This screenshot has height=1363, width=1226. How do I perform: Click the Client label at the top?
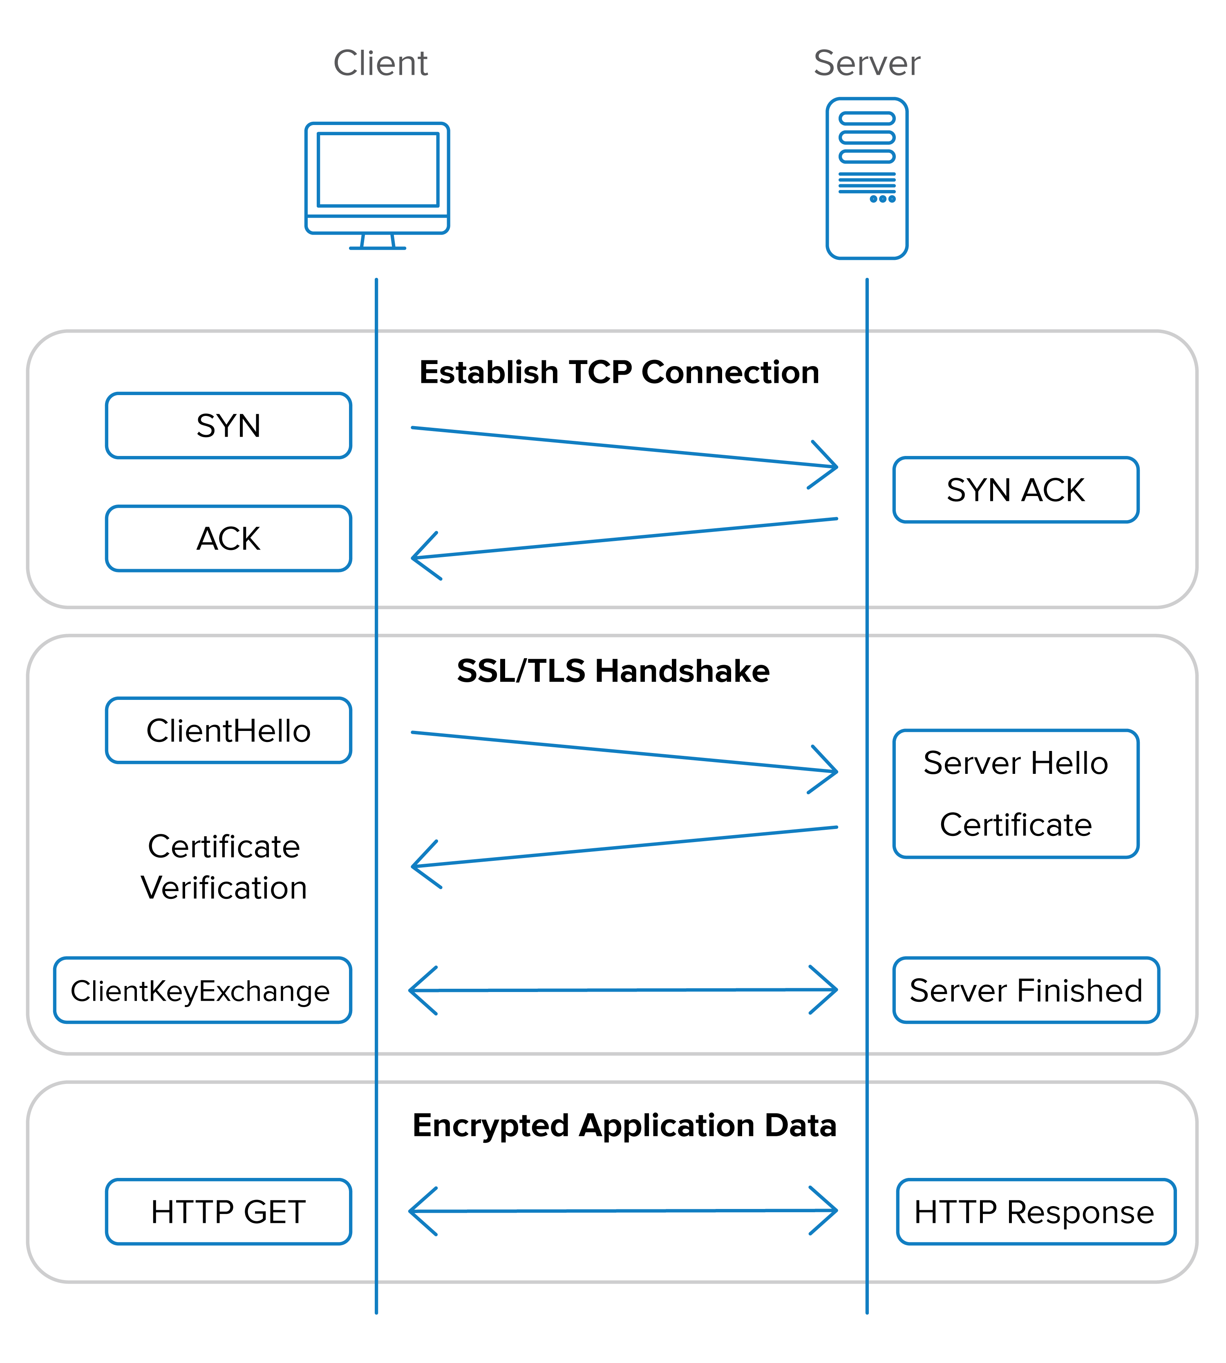tap(380, 63)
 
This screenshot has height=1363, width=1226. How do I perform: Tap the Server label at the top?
tap(866, 63)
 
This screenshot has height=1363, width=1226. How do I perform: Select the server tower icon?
tap(867, 179)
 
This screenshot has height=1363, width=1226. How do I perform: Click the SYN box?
tap(228, 426)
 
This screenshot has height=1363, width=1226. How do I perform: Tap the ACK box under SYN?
tap(228, 539)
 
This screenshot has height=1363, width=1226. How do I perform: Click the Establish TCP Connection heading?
tap(619, 372)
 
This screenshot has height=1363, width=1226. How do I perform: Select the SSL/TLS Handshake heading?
tap(613, 671)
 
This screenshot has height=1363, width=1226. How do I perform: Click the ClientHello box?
tap(228, 731)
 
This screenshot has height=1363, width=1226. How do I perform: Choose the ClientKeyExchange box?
tap(202, 991)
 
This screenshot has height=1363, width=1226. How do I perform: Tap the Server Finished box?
tap(1025, 991)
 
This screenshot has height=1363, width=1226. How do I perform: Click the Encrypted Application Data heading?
tap(624, 1125)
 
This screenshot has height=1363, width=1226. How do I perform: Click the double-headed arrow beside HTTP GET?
tap(623, 1211)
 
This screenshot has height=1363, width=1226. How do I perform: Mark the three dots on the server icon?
tap(882, 199)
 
